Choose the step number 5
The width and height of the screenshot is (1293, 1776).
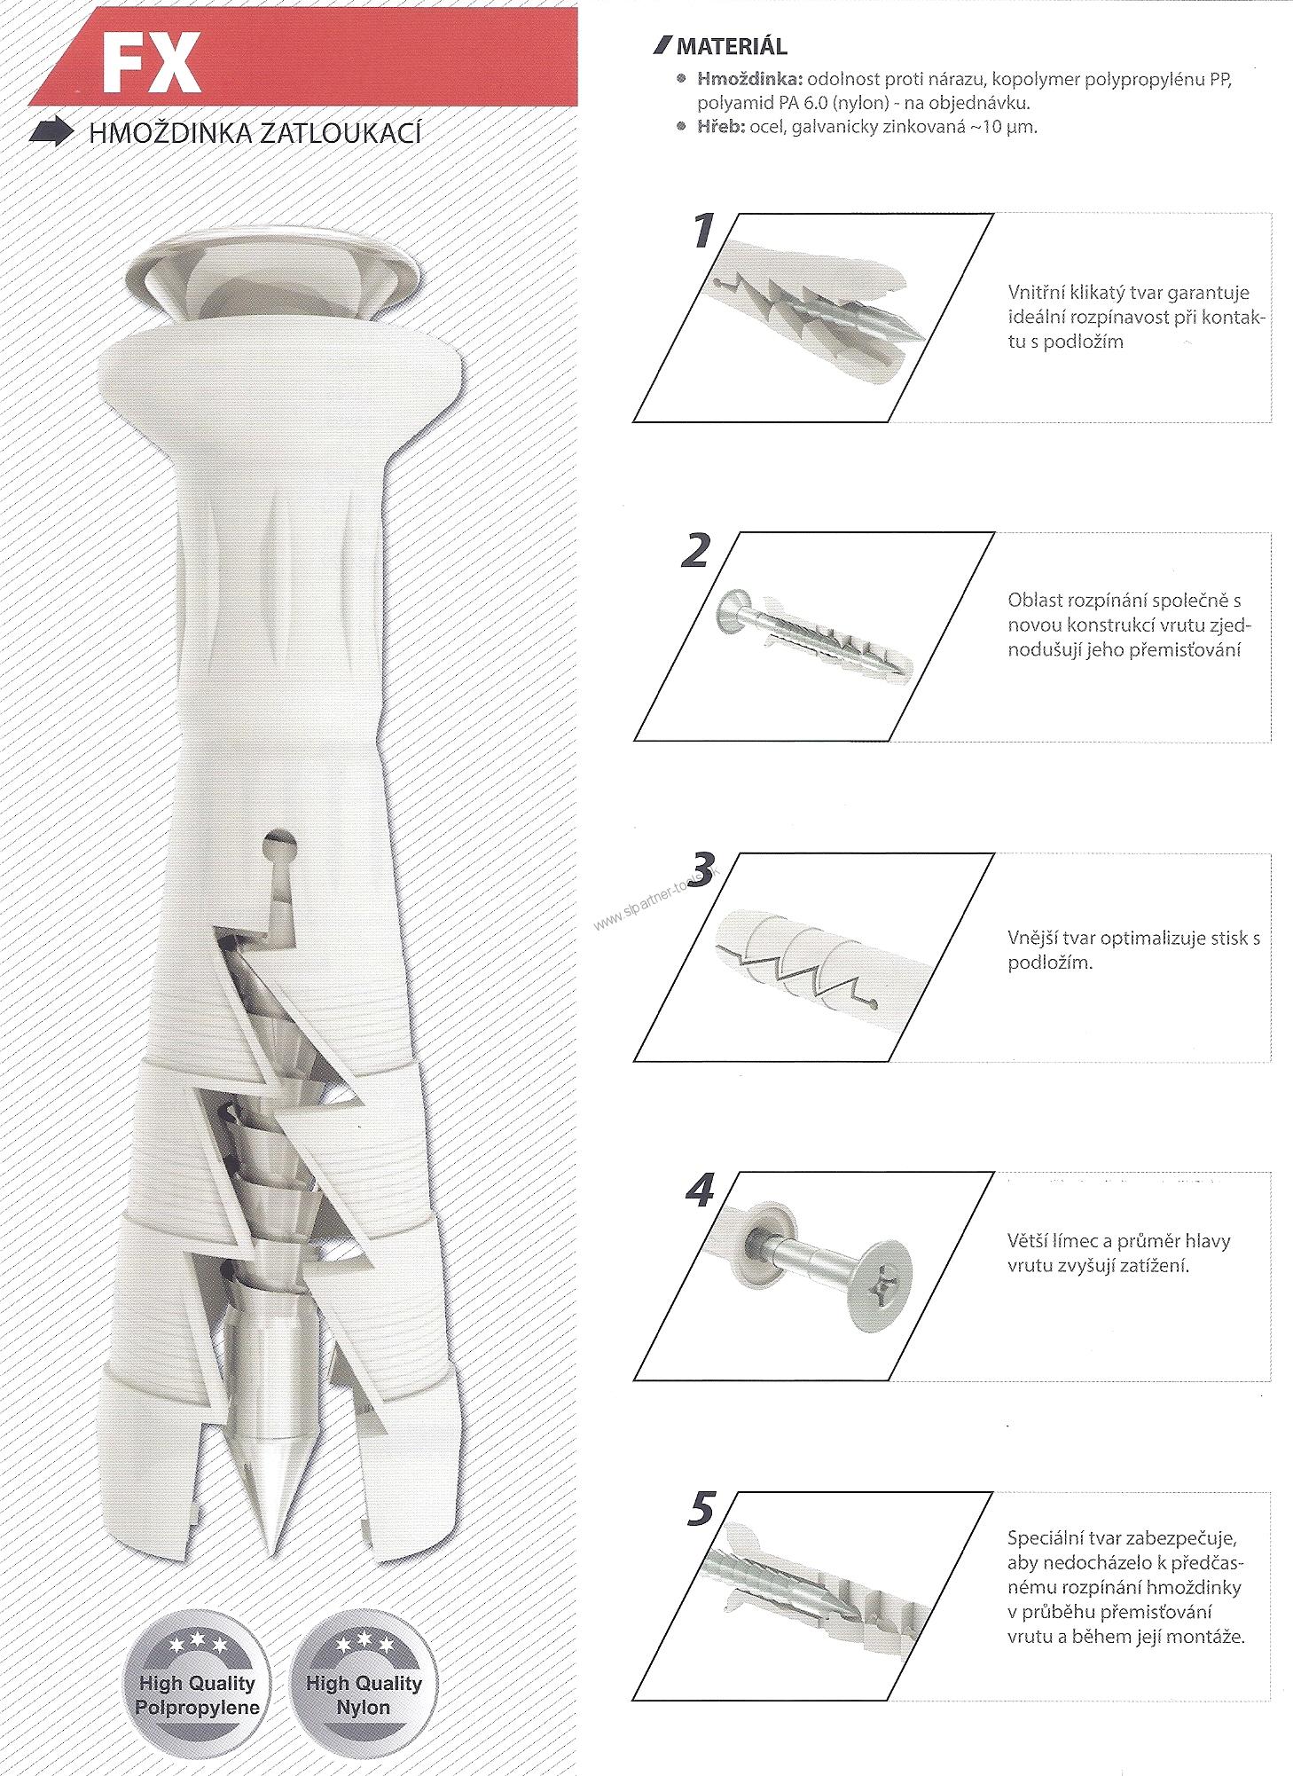[x=701, y=1511]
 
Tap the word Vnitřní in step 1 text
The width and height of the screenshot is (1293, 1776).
[x=1036, y=293]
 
